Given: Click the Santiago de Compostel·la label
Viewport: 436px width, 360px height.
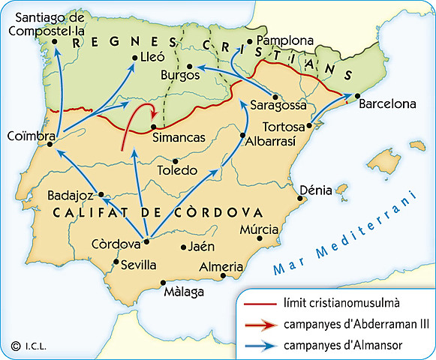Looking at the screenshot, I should pyautogui.click(x=47, y=23).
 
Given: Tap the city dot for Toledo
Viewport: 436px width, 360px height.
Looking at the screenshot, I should pyautogui.click(x=176, y=160).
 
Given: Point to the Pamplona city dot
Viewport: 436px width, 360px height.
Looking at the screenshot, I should pyautogui.click(x=251, y=40).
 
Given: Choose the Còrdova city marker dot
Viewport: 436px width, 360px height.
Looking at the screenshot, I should pyautogui.click(x=147, y=241).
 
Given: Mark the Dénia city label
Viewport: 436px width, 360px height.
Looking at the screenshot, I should pyautogui.click(x=315, y=190).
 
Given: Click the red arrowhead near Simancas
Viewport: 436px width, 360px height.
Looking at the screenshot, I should pyautogui.click(x=155, y=115).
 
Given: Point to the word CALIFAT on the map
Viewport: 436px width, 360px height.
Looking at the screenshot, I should pyautogui.click(x=86, y=212).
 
